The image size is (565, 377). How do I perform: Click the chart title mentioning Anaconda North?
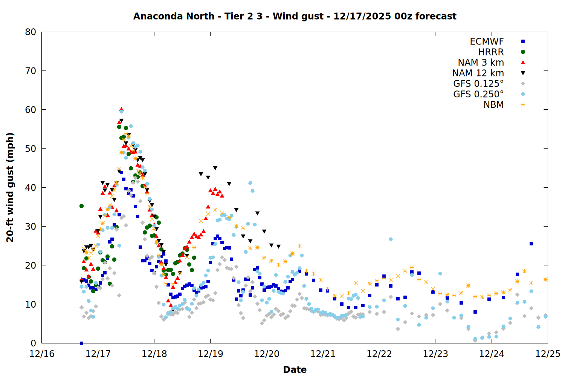pos(295,16)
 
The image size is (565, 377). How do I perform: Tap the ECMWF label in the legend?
pos(487,41)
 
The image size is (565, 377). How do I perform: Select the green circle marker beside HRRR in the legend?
pos(523,52)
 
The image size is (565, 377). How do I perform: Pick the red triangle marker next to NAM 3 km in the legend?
pos(523,62)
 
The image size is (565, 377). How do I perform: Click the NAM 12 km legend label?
pos(478,73)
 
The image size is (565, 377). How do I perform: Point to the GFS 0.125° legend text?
pos(478,84)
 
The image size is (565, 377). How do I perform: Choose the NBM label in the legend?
pos(493,105)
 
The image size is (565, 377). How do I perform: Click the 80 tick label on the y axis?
pos(31,32)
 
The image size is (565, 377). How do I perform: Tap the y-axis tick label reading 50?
pos(31,149)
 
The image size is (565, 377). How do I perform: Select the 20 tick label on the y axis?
pos(31,265)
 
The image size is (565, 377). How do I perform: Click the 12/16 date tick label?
pos(42,354)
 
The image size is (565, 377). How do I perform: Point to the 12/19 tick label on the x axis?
pos(211,354)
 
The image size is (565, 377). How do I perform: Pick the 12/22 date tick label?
pos(379,354)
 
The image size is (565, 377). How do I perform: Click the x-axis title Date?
pos(295,369)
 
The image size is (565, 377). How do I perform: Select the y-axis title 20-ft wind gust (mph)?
pos(10,187)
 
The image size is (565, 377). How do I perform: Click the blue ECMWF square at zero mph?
pos(81,343)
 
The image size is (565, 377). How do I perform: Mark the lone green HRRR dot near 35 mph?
pos(81,206)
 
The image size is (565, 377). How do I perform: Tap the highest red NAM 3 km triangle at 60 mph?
pos(121,109)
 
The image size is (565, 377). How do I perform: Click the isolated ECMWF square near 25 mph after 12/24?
pos(531,244)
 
